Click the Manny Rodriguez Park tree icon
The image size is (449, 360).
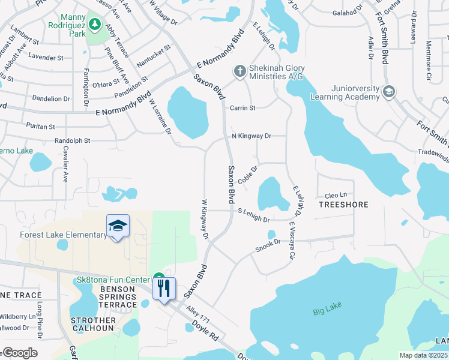94,23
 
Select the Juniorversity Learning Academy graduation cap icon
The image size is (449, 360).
388,91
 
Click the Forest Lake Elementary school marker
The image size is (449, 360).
118,226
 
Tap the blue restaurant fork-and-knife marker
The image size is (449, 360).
164,287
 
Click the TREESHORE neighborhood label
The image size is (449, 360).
343,205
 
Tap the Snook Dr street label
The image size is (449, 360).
268,245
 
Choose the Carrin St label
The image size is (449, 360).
243,108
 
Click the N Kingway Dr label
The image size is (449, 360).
252,136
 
